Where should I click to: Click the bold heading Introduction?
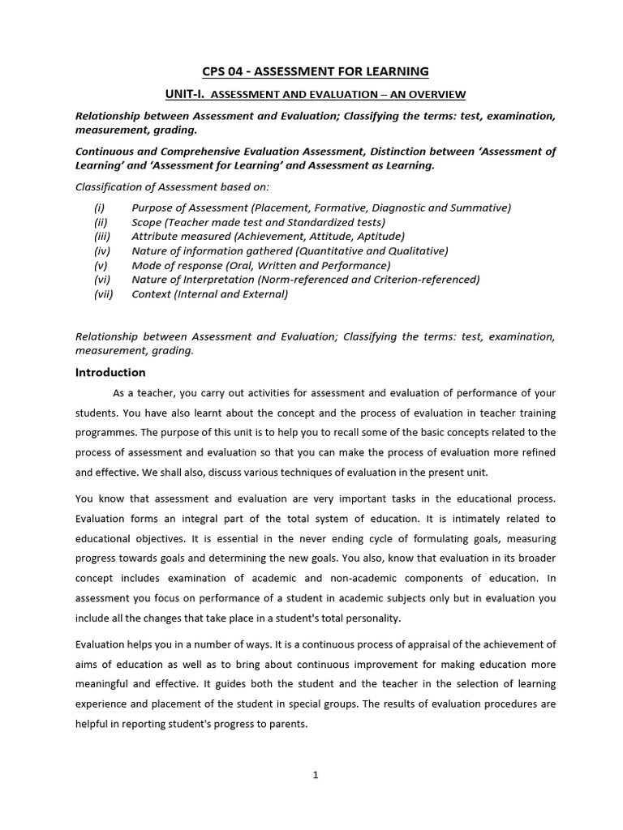click(x=110, y=373)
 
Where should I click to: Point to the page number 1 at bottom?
click(x=316, y=775)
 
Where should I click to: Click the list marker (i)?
click(x=100, y=207)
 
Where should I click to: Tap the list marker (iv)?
click(x=101, y=251)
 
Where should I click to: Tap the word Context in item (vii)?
click(x=153, y=294)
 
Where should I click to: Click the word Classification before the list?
click(x=109, y=188)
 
